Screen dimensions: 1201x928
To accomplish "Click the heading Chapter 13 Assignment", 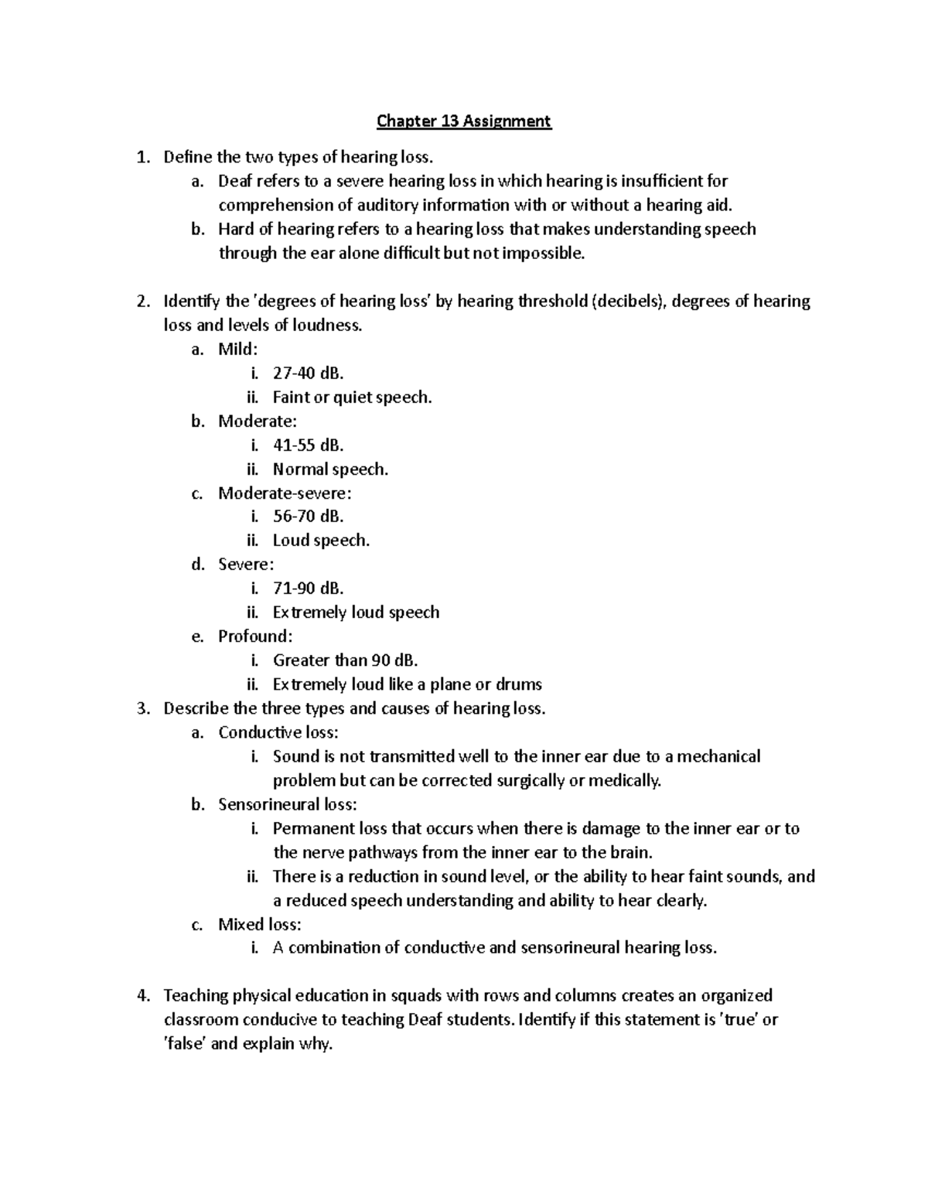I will [x=463, y=121].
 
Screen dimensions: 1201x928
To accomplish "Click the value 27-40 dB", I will [x=308, y=374].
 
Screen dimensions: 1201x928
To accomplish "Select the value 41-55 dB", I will [x=308, y=445].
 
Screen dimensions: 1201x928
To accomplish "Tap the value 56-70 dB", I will [x=308, y=517].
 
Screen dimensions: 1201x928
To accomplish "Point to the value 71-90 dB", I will [x=308, y=589].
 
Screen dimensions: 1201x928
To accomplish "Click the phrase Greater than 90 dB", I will [x=345, y=660].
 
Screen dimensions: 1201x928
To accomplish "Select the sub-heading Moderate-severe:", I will [x=285, y=493].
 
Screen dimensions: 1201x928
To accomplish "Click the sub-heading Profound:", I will [x=255, y=636].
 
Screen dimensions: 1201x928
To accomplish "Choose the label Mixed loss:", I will [x=259, y=924].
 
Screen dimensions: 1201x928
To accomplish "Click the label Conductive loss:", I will [x=278, y=732].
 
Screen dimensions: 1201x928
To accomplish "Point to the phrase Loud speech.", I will [x=321, y=541].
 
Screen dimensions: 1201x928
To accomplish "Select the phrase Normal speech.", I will [x=330, y=469].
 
